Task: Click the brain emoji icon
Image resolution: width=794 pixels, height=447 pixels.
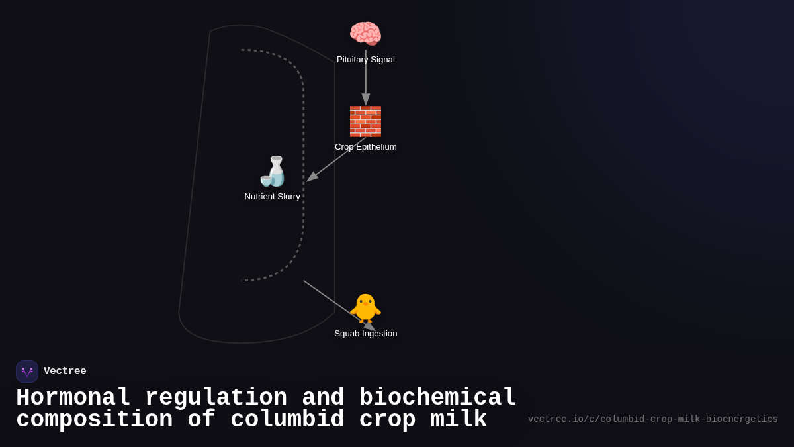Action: (365, 34)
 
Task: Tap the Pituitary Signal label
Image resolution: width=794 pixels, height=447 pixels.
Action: (365, 60)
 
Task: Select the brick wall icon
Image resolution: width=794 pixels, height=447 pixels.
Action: (365, 121)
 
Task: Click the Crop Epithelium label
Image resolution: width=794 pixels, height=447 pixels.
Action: (365, 147)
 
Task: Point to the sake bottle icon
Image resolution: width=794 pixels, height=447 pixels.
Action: (273, 172)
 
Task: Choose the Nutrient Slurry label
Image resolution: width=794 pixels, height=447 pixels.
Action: (272, 197)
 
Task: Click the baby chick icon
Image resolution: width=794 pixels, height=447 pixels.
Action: (365, 308)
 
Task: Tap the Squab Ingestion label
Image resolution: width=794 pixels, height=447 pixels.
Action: (365, 334)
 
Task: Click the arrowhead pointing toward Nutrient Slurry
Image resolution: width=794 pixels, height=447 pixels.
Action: (312, 177)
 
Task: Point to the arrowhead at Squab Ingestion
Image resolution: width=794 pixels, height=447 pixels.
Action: (370, 326)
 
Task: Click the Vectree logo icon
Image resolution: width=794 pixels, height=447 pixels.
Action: (27, 372)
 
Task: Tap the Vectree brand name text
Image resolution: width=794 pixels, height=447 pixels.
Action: (65, 372)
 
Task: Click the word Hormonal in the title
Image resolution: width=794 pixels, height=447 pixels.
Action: (73, 398)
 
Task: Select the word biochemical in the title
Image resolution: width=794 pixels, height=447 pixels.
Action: (437, 398)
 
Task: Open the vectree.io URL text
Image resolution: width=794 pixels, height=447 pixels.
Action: (652, 419)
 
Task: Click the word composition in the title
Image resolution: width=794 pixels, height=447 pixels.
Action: (94, 420)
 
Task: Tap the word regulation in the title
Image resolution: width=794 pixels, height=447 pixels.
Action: (216, 398)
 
